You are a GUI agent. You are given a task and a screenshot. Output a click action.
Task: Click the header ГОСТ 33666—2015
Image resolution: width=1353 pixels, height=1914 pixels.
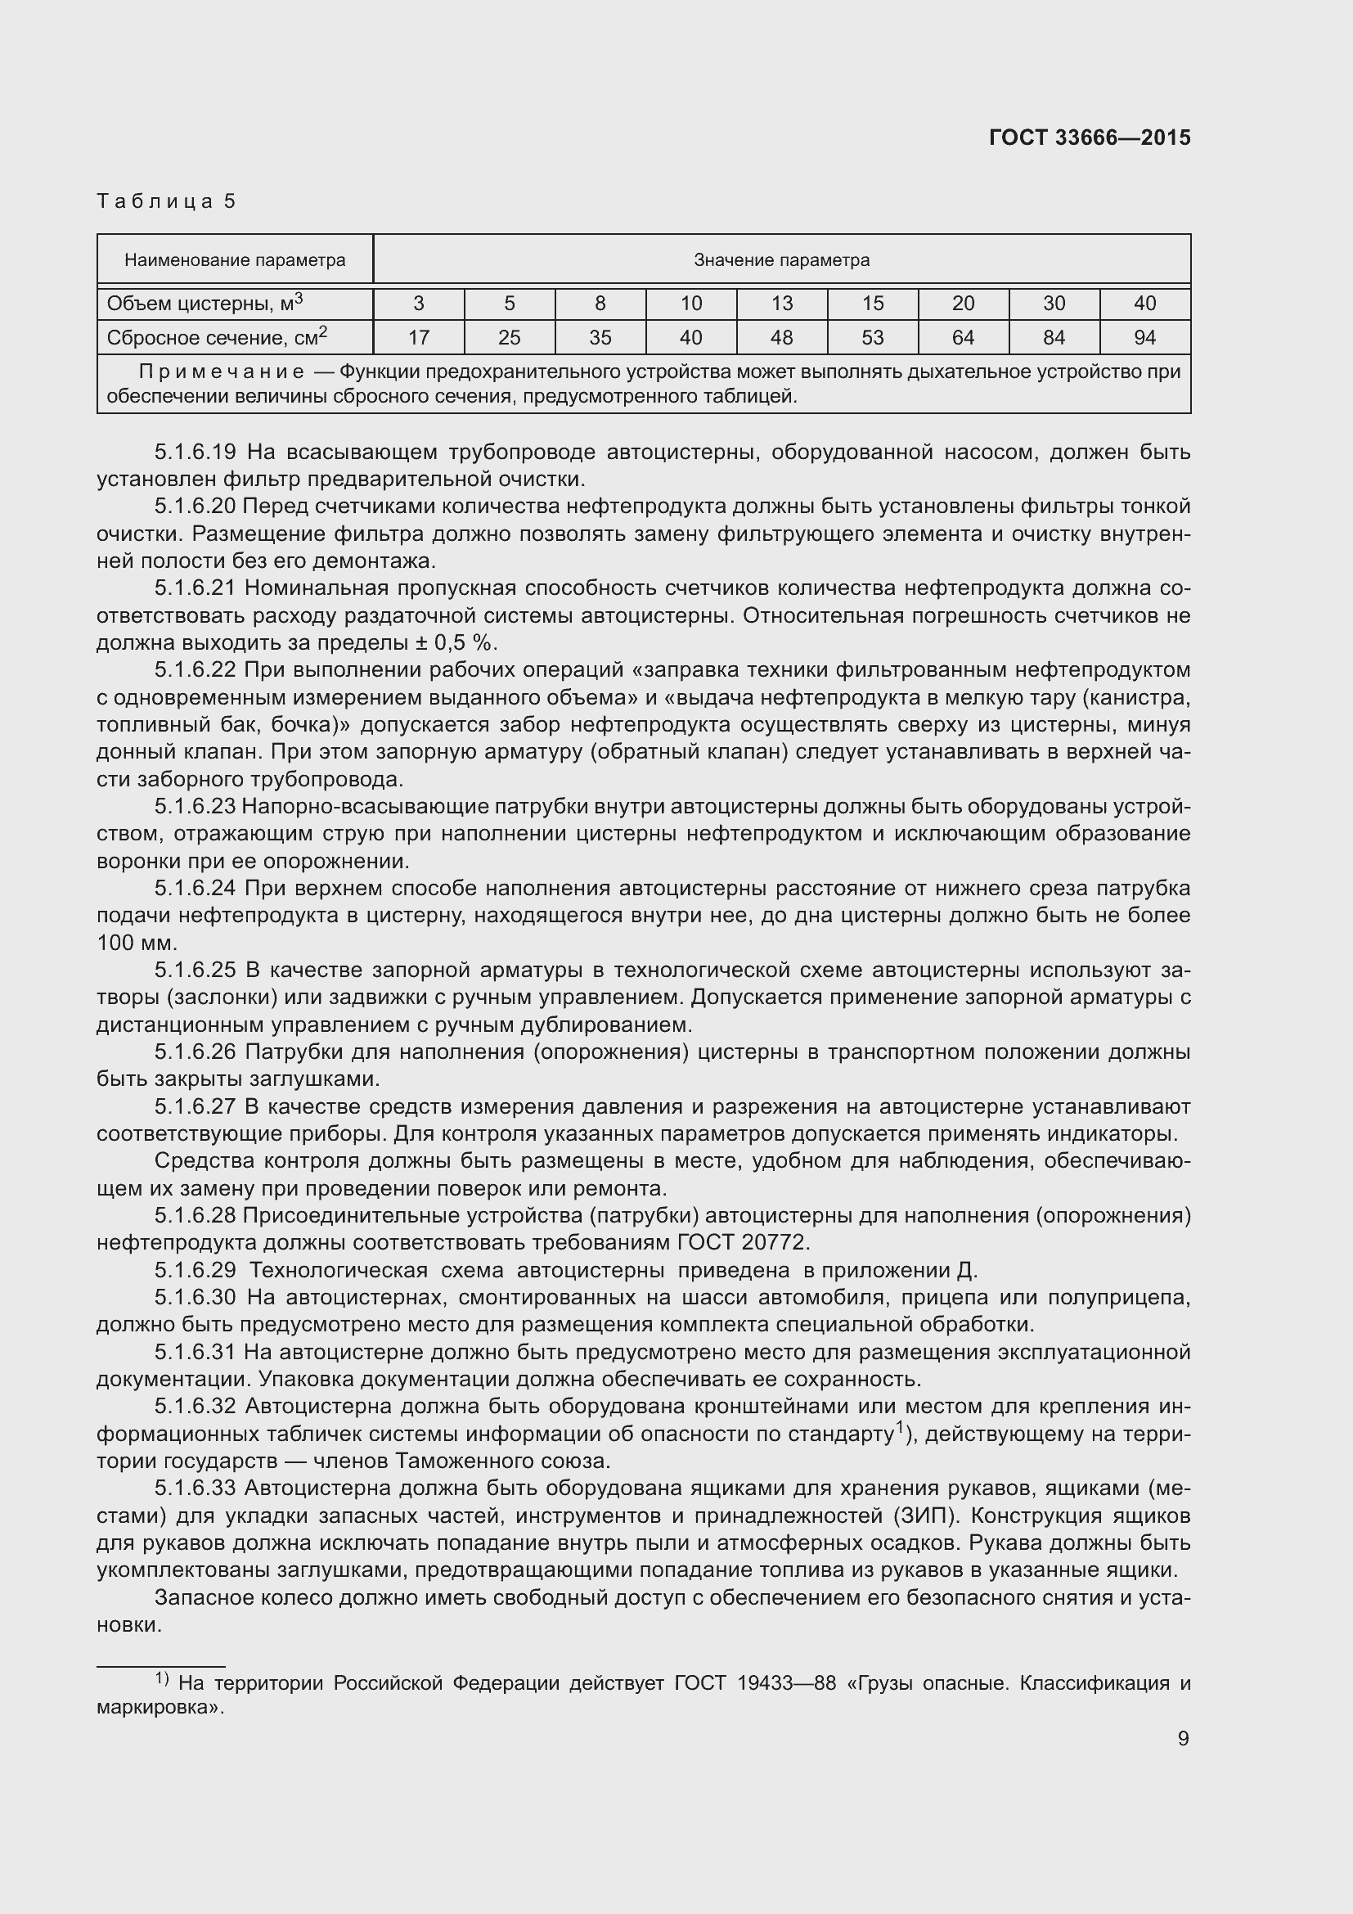pyautogui.click(x=1089, y=137)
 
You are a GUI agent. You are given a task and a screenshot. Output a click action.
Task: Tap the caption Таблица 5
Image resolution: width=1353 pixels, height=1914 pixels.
pyautogui.click(x=167, y=201)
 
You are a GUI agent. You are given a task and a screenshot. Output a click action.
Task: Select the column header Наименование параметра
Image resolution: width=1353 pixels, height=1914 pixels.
pyautogui.click(x=235, y=260)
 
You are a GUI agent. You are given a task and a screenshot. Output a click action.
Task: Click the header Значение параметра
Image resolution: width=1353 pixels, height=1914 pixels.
pyautogui.click(x=781, y=260)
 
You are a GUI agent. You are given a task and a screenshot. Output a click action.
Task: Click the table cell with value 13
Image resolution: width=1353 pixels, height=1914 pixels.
pyautogui.click(x=781, y=304)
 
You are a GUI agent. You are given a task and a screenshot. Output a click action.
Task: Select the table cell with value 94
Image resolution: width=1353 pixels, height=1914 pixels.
pyautogui.click(x=1144, y=338)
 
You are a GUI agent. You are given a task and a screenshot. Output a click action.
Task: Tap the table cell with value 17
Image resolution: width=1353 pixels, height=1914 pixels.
pyautogui.click(x=418, y=338)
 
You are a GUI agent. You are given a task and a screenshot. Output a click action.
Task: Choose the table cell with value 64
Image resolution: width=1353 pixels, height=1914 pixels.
pyautogui.click(x=963, y=338)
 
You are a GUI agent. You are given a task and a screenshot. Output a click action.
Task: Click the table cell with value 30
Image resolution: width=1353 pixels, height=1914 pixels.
pyautogui.click(x=1054, y=304)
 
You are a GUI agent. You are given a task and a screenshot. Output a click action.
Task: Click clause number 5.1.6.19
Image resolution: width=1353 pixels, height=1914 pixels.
pyautogui.click(x=196, y=453)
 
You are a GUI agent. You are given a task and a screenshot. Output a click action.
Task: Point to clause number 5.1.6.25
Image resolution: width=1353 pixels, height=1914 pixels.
pyautogui.click(x=196, y=971)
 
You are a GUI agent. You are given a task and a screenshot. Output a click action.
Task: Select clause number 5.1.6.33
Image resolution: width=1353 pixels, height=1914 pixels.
pyautogui.click(x=196, y=1488)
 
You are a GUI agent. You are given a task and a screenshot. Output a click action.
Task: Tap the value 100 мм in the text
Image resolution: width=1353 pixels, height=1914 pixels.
pyautogui.click(x=137, y=943)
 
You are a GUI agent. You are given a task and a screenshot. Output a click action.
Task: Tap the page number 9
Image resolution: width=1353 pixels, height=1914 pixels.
pyautogui.click(x=1183, y=1738)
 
